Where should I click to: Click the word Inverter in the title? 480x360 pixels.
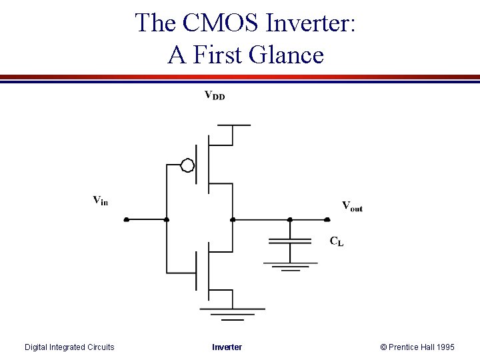coord(311,23)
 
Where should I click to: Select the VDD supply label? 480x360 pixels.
coord(214,95)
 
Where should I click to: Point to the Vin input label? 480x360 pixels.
coord(100,199)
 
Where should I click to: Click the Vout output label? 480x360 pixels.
coord(352,206)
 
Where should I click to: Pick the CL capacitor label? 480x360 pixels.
coord(337,241)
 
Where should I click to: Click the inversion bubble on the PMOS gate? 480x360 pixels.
coord(188,165)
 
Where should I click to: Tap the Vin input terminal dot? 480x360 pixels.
coord(126,219)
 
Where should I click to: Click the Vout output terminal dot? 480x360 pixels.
coord(327,219)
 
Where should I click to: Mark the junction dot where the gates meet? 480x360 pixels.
coord(167,219)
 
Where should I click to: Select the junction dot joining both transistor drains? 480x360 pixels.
coord(232,219)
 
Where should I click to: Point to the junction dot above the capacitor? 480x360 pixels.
coord(290,219)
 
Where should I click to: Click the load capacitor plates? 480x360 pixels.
coord(290,241)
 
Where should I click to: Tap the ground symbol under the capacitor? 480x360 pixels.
coord(290,267)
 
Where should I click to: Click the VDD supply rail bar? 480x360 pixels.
coord(233,125)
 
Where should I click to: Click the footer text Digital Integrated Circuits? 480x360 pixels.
coord(69,347)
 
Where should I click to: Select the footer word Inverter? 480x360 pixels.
coord(227,347)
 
